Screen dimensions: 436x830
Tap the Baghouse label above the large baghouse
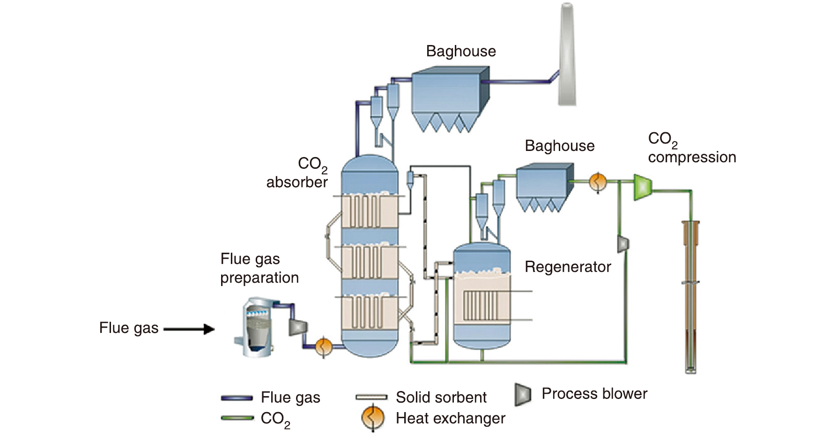coord(461,51)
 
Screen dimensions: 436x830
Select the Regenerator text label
coord(568,267)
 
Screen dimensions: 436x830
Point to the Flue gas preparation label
coord(259,268)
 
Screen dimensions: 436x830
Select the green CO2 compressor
coord(642,187)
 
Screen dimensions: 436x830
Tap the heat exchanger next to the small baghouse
coord(598,182)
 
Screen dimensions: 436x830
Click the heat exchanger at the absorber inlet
coord(323,347)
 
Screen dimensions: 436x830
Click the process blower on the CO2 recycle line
coord(623,244)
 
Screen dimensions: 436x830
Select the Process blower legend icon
coord(523,394)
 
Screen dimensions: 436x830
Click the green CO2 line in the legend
coord(237,418)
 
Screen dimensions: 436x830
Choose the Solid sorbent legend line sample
coord(371,398)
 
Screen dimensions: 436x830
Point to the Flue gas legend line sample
coord(237,398)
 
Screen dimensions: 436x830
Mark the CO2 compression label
coord(691,148)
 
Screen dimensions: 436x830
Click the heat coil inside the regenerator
coord(478,305)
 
